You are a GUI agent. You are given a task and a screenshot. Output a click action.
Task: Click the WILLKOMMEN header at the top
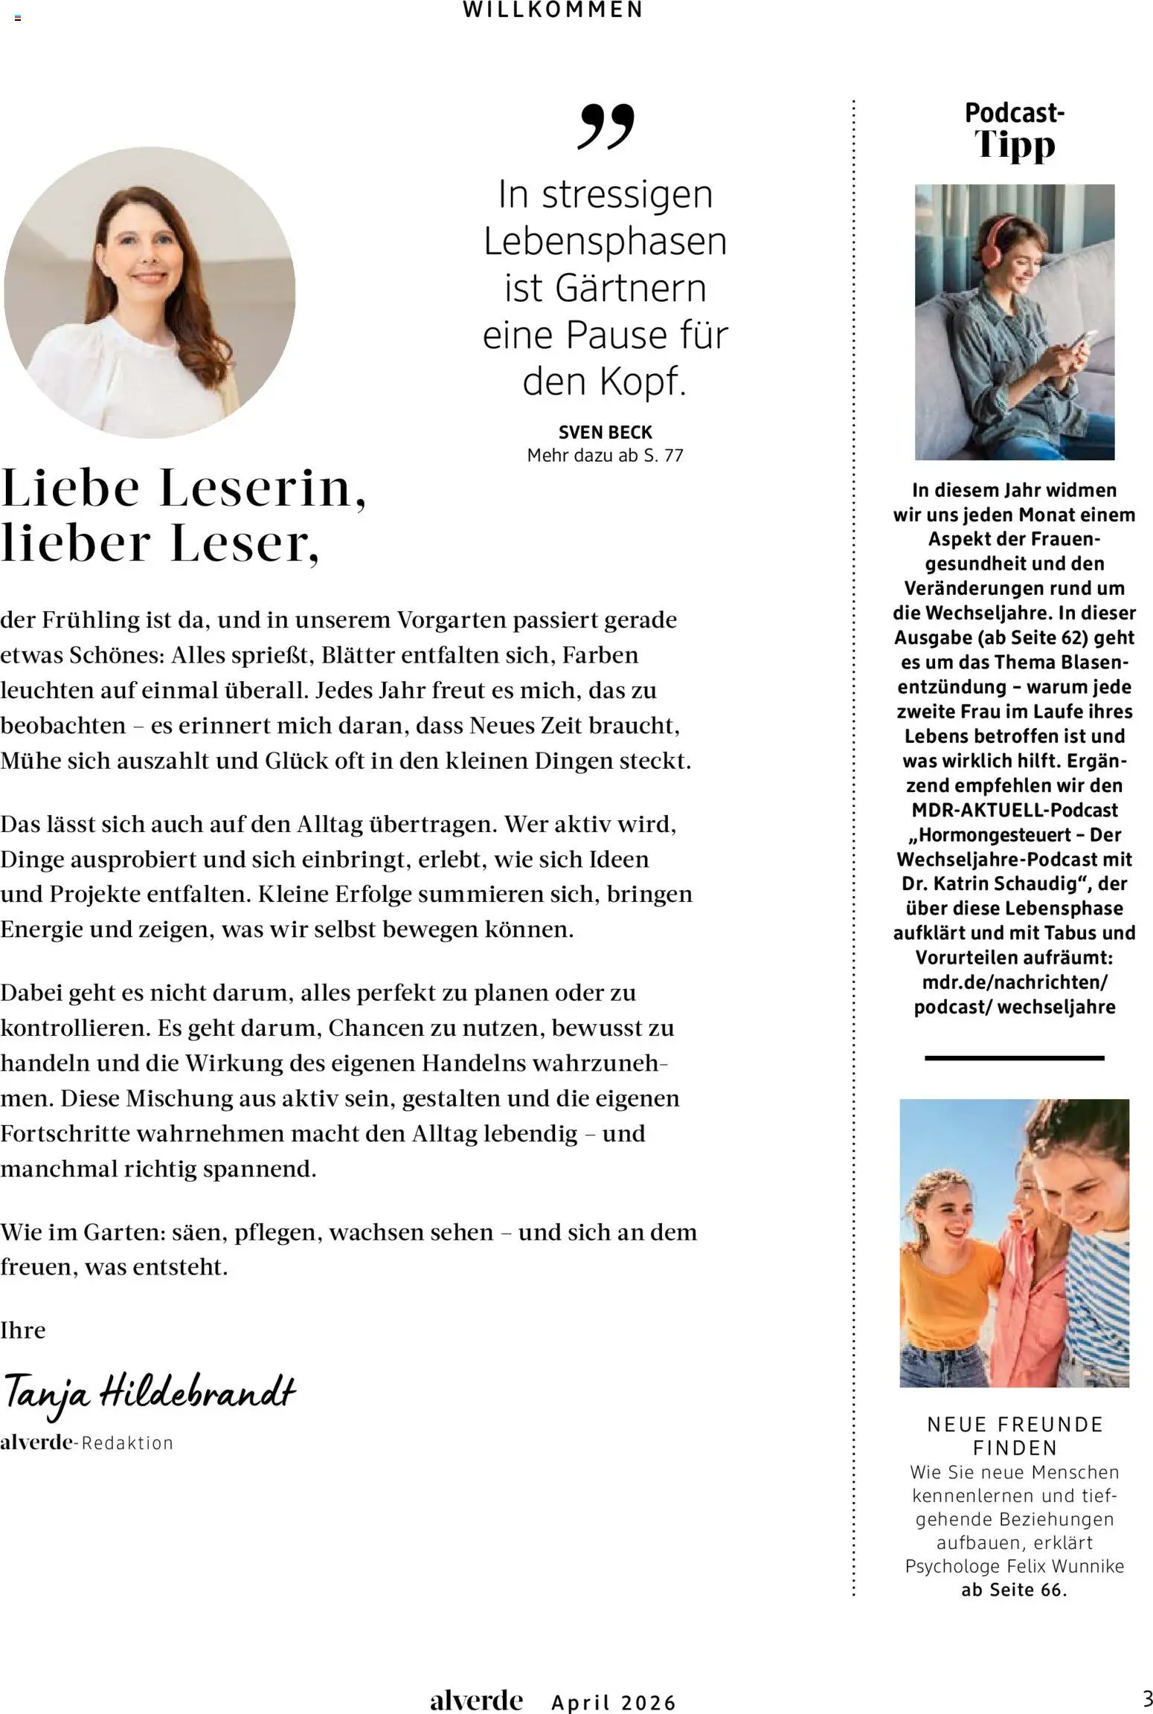553,10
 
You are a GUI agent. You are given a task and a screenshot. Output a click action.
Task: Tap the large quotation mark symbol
606,126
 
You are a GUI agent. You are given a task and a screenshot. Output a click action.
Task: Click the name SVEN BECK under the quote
605,432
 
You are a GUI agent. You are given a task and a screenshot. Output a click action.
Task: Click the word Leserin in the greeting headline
262,489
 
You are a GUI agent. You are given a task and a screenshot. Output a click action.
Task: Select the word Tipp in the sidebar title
1015,145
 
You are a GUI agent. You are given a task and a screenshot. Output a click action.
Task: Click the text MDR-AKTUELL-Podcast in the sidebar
1015,810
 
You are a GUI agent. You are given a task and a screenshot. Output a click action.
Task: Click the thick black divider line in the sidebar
1014,1057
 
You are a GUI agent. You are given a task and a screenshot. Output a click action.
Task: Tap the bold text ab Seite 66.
1015,1590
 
